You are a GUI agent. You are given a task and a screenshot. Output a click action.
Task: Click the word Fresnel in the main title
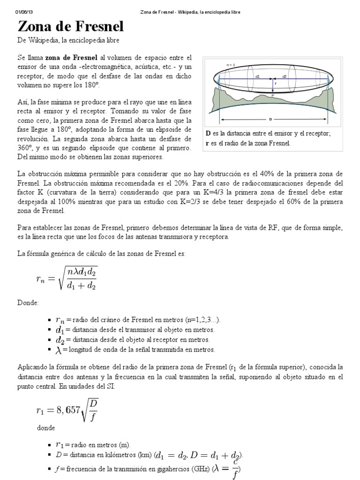(97, 26)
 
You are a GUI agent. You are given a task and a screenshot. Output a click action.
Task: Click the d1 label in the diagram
(257, 76)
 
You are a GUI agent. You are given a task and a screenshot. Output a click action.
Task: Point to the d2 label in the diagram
(285, 76)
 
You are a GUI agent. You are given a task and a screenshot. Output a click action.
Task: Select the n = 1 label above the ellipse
(231, 64)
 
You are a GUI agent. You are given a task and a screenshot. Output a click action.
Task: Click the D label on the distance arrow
(271, 119)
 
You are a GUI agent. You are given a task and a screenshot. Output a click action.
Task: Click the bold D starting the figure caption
(208, 134)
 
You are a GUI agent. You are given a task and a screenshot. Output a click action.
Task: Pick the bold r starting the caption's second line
(207, 143)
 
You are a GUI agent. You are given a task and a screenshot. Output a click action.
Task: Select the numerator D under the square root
(94, 390)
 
